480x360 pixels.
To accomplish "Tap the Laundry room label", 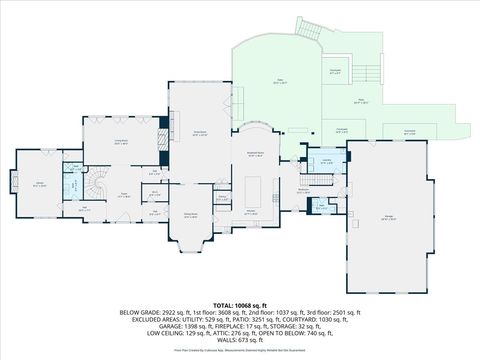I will click(327, 160).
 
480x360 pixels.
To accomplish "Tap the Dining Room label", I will click(190, 215).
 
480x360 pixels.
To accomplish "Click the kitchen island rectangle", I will click(253, 189).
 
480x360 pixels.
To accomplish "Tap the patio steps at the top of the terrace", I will click(310, 27).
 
